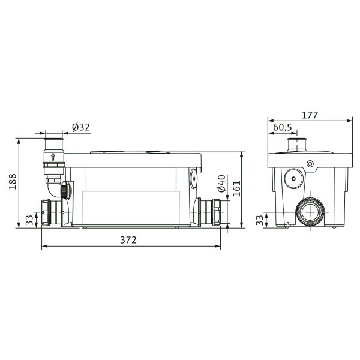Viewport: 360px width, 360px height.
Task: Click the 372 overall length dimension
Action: tap(128, 240)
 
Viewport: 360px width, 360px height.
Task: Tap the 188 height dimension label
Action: tap(13, 181)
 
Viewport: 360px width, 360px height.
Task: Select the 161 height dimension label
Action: tap(236, 188)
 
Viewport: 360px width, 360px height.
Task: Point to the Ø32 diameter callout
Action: tap(81, 127)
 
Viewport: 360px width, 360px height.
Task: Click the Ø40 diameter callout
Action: tap(222, 184)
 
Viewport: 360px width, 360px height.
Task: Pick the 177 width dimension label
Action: tap(310, 115)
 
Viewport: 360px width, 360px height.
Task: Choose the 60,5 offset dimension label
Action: tap(283, 127)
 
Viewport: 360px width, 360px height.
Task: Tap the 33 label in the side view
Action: tap(29, 220)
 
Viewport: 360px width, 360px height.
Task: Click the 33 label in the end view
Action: tap(259, 220)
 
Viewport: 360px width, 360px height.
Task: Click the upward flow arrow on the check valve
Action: tap(53, 157)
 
